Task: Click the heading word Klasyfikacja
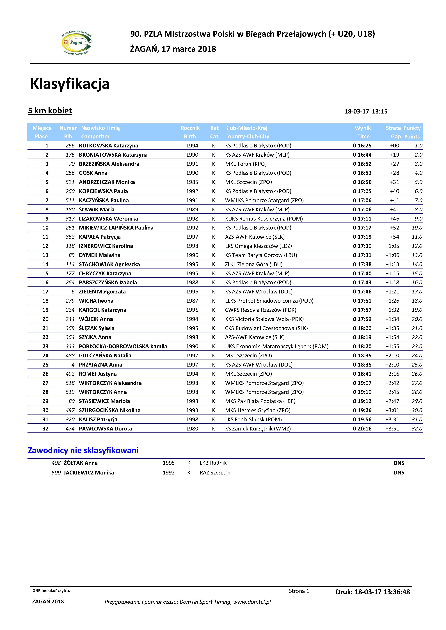coord(70,84)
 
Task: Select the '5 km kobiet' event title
coord(50,111)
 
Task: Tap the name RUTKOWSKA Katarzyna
coord(108,146)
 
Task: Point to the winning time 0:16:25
coord(362,146)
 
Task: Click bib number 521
coord(70,182)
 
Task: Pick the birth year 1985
coord(192,182)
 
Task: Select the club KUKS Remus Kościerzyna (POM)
coord(264,219)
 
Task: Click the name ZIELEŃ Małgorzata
coord(102,292)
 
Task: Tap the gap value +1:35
coord(392,328)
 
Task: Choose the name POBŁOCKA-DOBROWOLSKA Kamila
coord(123,346)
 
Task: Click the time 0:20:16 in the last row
coord(362,429)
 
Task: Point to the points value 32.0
coord(417,429)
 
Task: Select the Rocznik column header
coord(190,128)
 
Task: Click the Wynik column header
coord(363,128)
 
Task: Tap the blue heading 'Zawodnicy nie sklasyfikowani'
coord(83,450)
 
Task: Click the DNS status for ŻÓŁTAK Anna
coord(399,463)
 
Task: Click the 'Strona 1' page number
coord(299,591)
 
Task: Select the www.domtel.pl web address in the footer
coord(252,602)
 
